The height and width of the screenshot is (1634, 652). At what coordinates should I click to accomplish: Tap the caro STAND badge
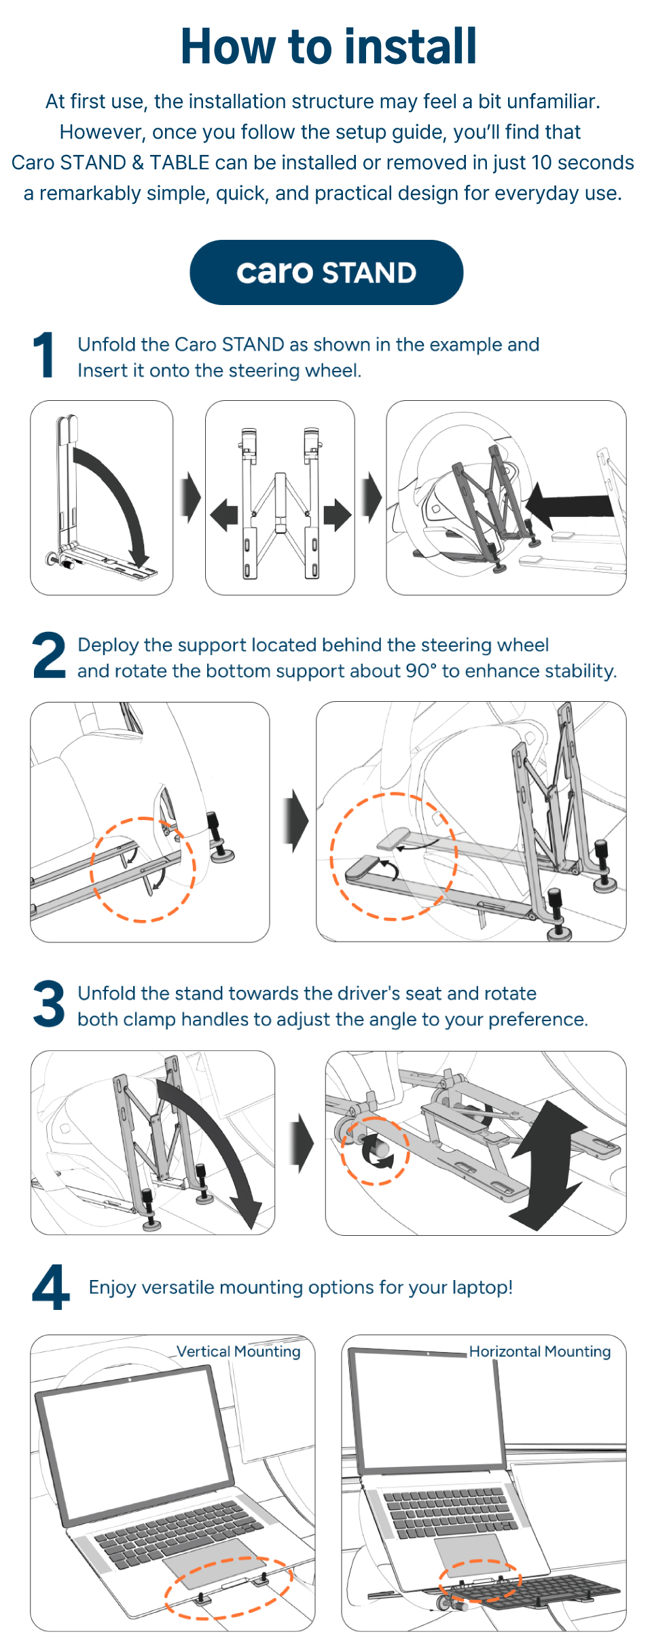(x=326, y=272)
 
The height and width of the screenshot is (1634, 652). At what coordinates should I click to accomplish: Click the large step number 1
(x=45, y=355)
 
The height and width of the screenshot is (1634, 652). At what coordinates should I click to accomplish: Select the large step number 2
(x=49, y=655)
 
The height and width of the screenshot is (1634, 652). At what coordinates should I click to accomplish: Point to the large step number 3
(x=49, y=1004)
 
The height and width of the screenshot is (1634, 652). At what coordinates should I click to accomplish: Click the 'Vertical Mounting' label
(x=238, y=1351)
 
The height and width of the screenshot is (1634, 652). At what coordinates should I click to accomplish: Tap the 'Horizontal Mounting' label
(x=539, y=1351)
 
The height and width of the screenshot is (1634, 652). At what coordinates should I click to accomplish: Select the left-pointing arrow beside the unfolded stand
(x=224, y=515)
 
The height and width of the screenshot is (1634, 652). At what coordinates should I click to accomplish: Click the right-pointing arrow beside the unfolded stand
(x=337, y=515)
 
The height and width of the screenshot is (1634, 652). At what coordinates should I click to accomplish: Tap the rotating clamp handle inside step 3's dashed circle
(x=376, y=1151)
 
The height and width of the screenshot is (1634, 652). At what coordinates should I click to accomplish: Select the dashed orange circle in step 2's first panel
(x=143, y=870)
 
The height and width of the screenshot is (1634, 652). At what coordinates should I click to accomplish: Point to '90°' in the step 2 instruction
(x=421, y=671)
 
